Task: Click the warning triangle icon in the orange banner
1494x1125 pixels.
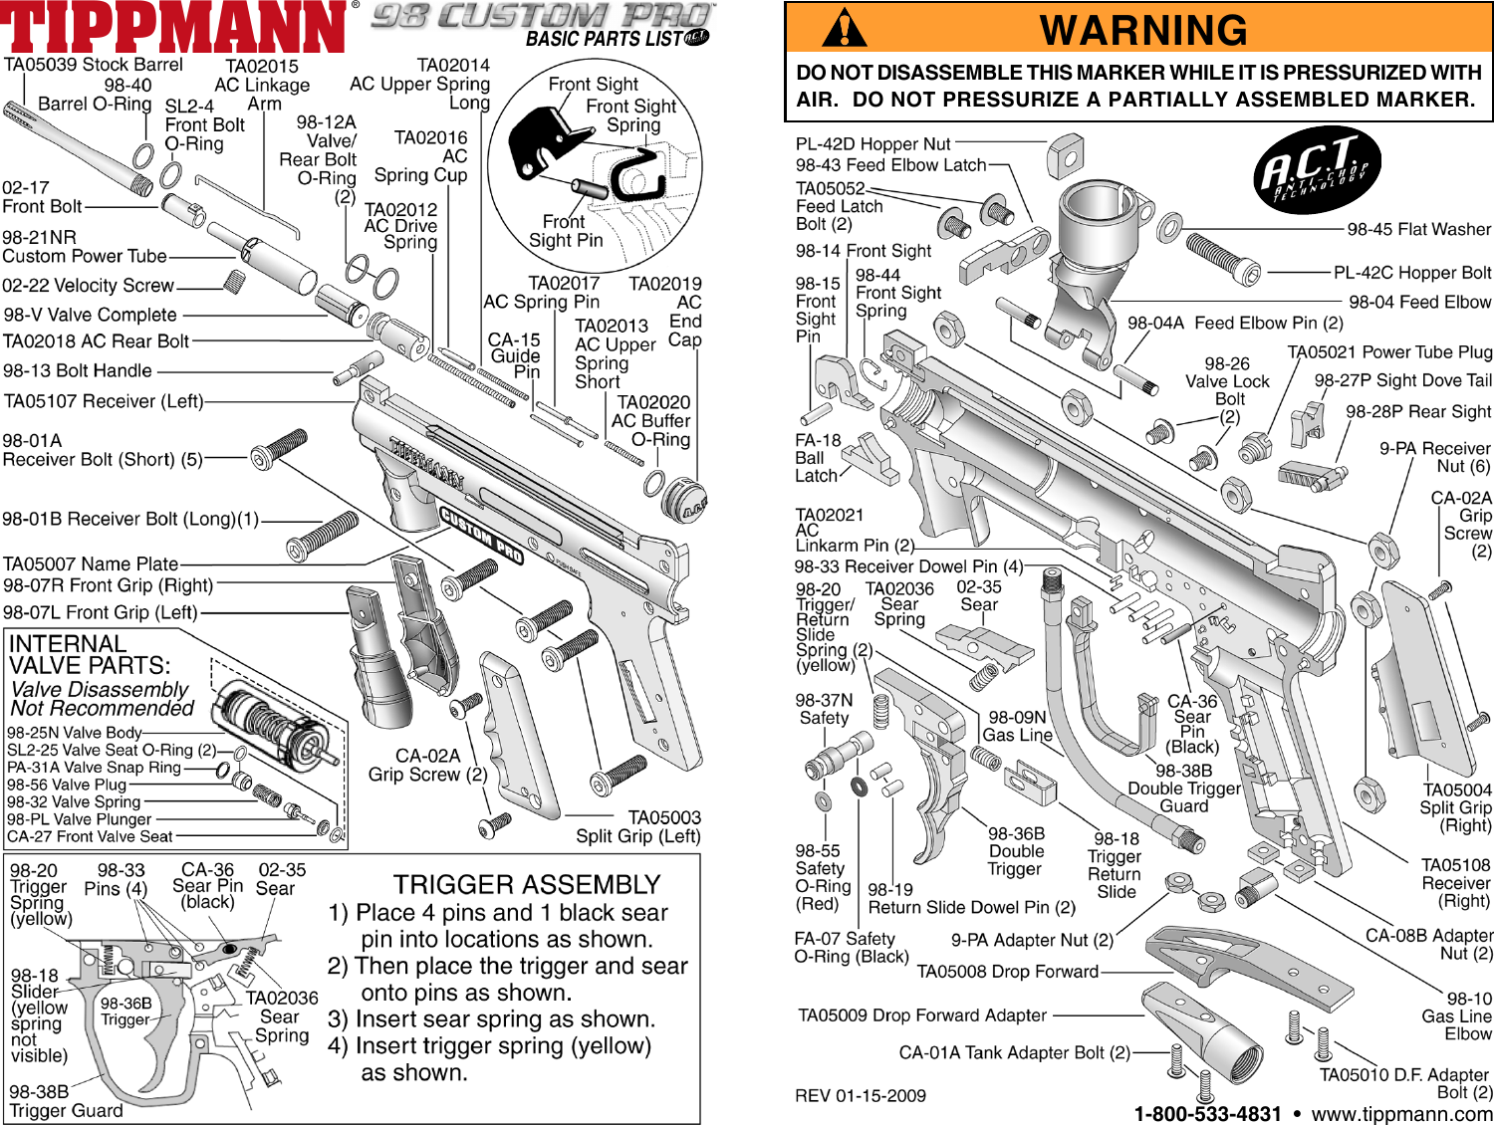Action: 844,29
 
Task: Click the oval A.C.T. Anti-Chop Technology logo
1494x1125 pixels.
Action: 1317,170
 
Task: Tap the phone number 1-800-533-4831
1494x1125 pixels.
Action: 1207,1114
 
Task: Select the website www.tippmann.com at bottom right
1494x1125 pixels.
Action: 1401,1114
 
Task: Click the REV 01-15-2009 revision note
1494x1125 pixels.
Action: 860,1095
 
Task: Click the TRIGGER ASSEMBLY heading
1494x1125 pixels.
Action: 527,884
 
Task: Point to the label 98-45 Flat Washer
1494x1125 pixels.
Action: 1418,229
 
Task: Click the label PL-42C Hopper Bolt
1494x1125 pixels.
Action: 1412,272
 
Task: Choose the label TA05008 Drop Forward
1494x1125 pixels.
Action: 1007,971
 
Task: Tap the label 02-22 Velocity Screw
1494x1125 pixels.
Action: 88,286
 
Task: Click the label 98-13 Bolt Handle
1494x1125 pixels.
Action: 78,370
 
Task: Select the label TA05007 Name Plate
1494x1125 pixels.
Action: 91,563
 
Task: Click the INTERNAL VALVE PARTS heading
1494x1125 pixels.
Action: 90,654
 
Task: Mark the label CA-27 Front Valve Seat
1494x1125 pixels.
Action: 90,836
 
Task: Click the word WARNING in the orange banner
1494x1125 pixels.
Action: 1143,30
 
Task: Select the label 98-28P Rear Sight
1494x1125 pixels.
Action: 1418,411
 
